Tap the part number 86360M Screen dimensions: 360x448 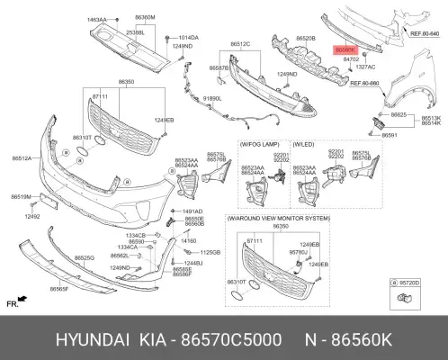(146, 17)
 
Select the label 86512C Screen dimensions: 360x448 (240, 43)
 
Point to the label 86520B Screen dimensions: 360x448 (304, 39)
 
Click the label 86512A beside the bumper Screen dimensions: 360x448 (22, 158)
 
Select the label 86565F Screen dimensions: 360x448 (62, 290)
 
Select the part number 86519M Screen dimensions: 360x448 (22, 195)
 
